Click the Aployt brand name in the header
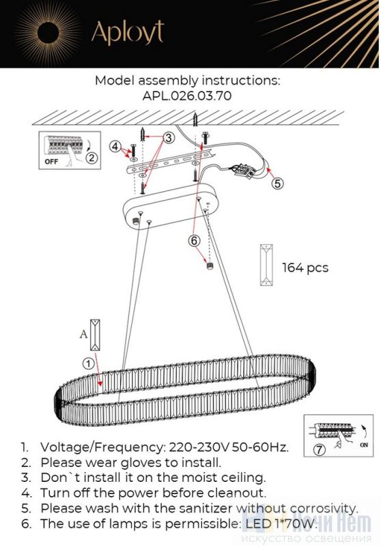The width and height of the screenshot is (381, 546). coord(128,32)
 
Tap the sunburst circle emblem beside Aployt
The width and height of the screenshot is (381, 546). coord(48,32)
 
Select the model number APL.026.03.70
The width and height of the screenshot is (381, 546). coord(187,96)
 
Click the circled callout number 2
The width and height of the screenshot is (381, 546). coord(91,158)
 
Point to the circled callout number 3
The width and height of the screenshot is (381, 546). coord(169,138)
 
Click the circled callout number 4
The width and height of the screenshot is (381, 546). coord(115,147)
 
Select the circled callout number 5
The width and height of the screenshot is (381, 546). coord(278,183)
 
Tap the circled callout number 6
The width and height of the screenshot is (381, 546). coord(195,240)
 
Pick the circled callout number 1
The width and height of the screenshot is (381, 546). coord(89,364)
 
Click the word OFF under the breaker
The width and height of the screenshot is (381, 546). coord(51,162)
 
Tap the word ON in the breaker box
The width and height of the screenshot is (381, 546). coord(364,445)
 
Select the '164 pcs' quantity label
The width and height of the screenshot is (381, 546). coord(305,268)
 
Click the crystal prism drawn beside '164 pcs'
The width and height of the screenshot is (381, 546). coord(266,265)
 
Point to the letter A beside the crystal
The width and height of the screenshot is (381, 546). coord(83,334)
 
